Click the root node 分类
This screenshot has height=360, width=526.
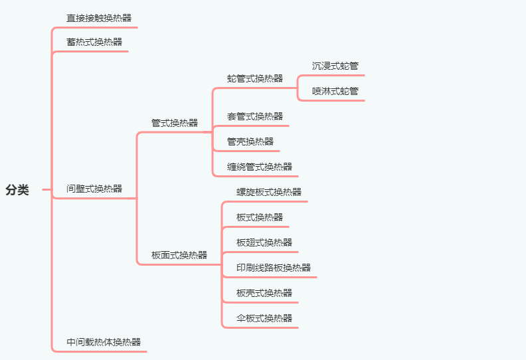[17, 190]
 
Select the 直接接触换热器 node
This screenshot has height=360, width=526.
[99, 18]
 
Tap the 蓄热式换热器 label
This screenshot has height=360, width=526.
[94, 42]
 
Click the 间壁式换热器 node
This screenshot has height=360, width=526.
[94, 189]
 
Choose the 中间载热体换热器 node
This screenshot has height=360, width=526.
[104, 342]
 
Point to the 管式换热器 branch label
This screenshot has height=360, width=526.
[175, 123]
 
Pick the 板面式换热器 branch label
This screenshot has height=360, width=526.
[179, 255]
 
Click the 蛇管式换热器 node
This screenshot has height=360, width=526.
[255, 78]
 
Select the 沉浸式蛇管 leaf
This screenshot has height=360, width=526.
[335, 66]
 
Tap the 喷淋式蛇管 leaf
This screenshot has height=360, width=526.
[335, 91]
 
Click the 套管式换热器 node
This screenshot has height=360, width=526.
[255, 116]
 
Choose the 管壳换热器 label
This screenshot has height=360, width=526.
[250, 141]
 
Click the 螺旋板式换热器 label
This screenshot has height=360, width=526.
[269, 192]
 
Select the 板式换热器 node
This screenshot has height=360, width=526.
[260, 217]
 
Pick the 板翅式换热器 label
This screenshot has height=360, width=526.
[264, 242]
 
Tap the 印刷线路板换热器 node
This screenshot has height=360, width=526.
[274, 268]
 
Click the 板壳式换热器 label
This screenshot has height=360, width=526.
[264, 293]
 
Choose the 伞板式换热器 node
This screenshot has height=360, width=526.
[264, 318]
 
